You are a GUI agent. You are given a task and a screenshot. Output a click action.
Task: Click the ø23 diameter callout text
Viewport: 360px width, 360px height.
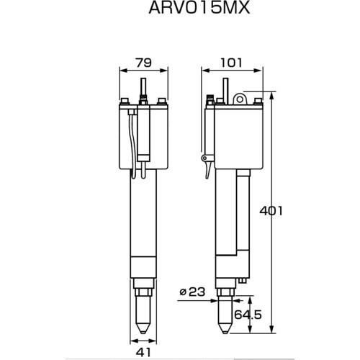(x=191, y=292)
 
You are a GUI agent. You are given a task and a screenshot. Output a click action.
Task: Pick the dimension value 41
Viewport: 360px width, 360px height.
(x=145, y=352)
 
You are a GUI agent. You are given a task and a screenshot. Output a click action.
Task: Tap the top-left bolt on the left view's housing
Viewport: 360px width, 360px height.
(x=125, y=102)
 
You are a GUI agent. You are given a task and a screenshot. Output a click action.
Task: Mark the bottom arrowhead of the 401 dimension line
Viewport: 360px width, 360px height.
(x=272, y=332)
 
